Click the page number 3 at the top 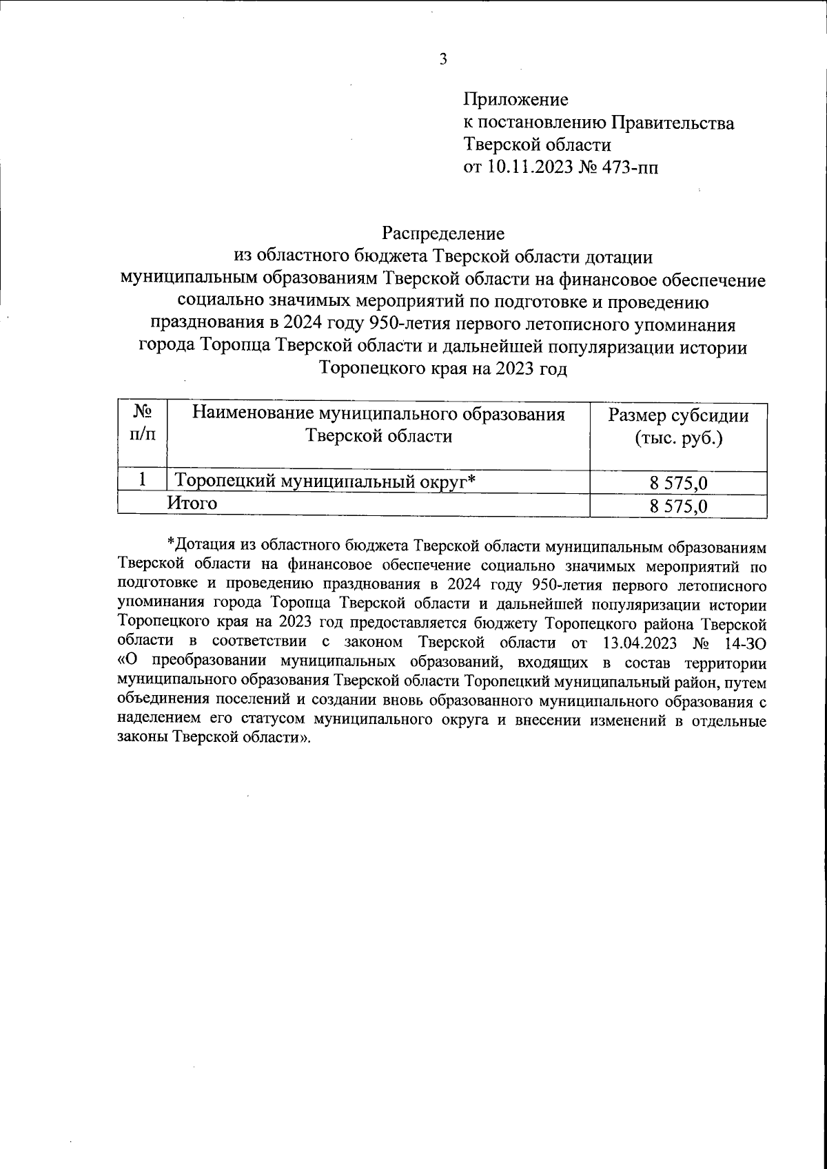[x=443, y=59]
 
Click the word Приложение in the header [x=515, y=100]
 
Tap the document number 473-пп [x=631, y=167]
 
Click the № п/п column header [x=142, y=424]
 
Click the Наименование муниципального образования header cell [x=378, y=425]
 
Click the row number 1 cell [x=142, y=480]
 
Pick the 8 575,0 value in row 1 [x=678, y=484]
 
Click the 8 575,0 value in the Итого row [x=678, y=507]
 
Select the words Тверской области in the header [x=537, y=145]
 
